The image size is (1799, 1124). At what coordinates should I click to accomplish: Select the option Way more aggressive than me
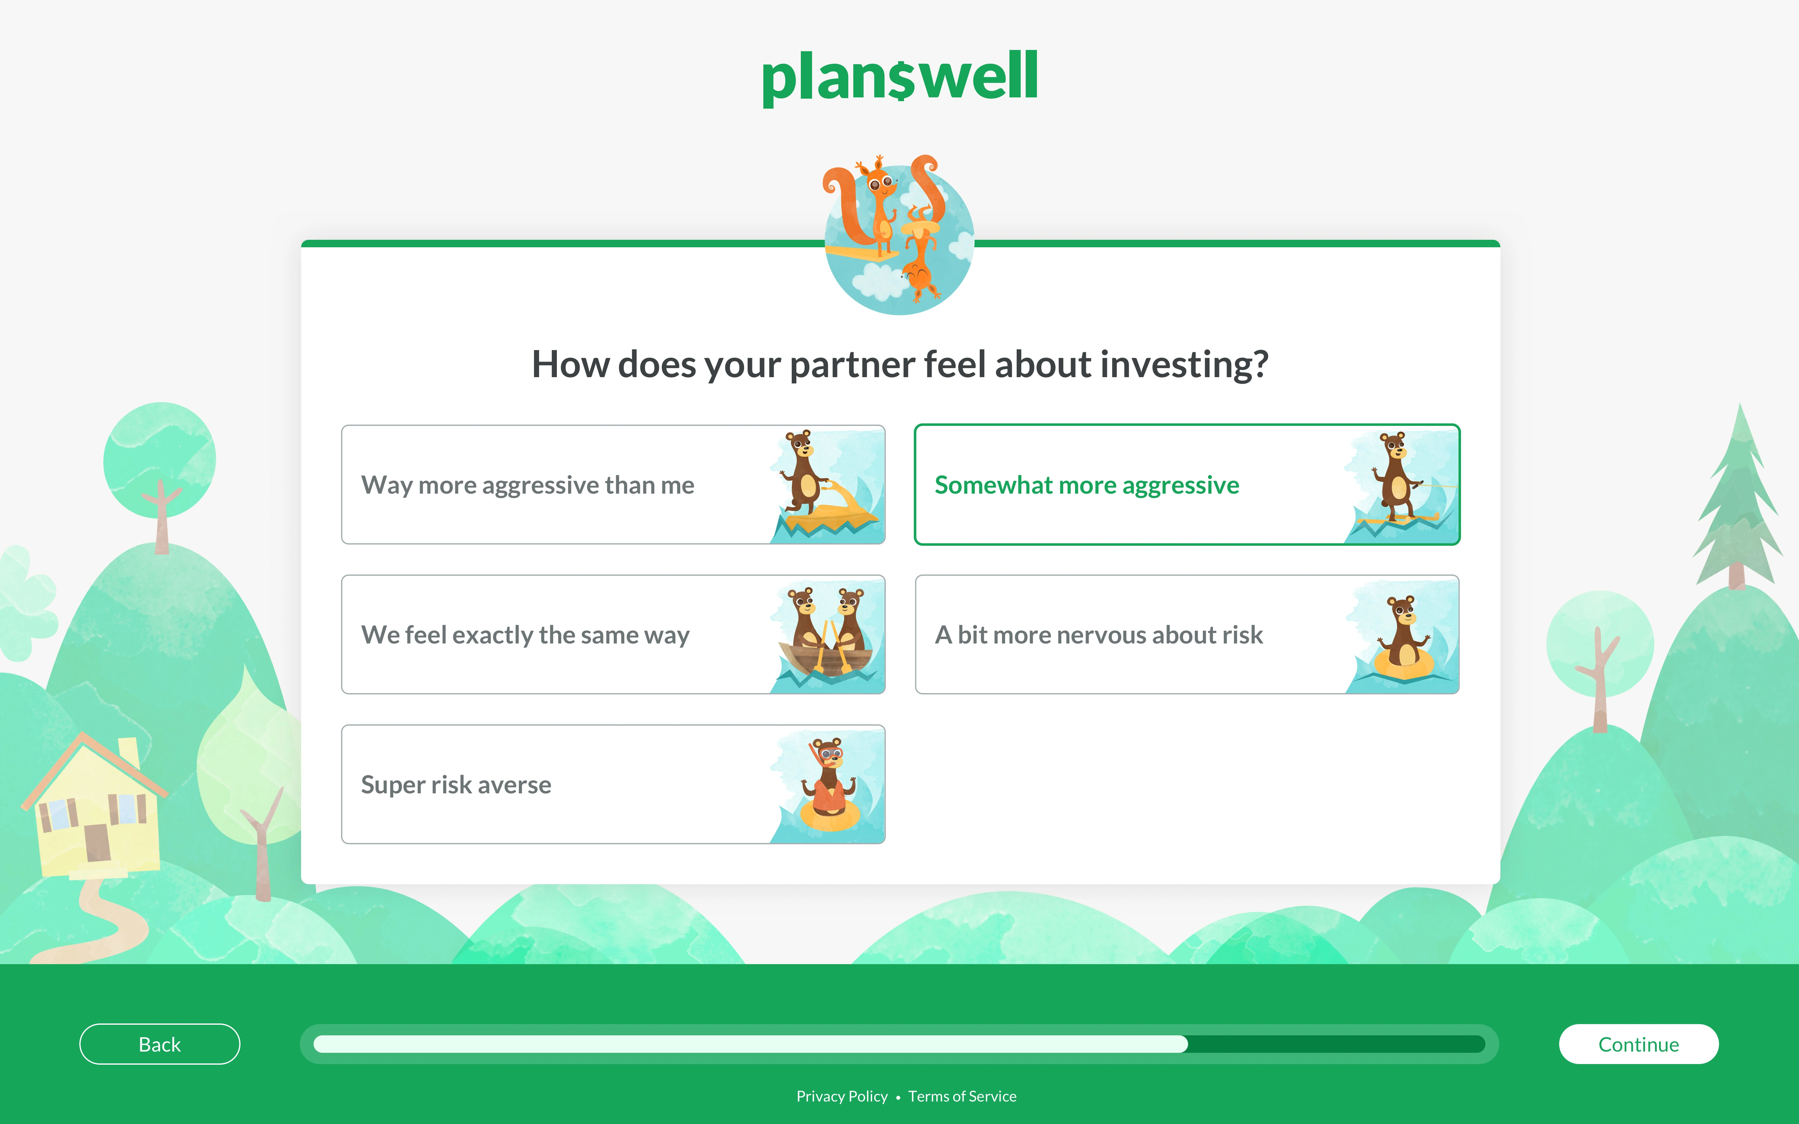click(x=528, y=485)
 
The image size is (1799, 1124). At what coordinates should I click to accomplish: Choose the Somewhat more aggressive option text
click(x=1087, y=485)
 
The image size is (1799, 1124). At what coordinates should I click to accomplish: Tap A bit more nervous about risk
click(x=1099, y=635)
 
